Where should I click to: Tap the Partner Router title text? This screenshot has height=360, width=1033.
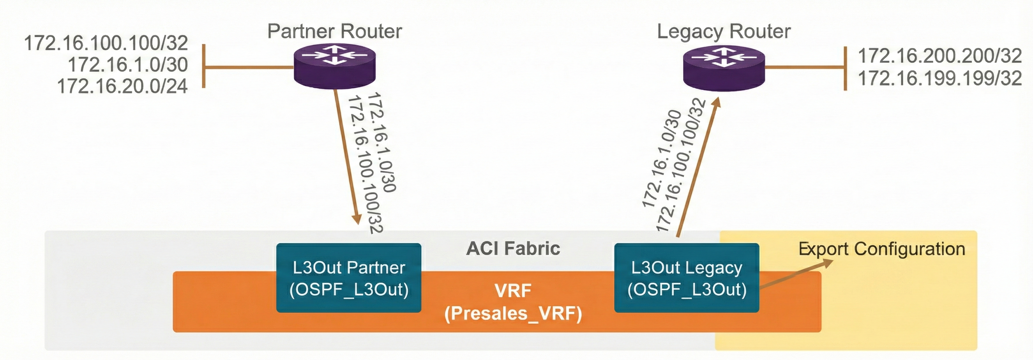334,31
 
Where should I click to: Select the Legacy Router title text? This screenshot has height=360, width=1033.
724,31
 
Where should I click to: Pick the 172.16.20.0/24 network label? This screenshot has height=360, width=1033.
122,86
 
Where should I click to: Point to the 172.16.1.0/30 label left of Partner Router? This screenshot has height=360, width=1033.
128,65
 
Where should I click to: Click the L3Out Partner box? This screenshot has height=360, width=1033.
349,278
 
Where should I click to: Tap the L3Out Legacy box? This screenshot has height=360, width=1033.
686,278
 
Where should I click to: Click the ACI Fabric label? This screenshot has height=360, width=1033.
513,249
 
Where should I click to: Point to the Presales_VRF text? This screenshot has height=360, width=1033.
513,314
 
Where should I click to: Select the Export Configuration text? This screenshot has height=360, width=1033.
881,249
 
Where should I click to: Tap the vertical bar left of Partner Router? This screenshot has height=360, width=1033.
204,66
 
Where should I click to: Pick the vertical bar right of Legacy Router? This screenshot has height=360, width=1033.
845,68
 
